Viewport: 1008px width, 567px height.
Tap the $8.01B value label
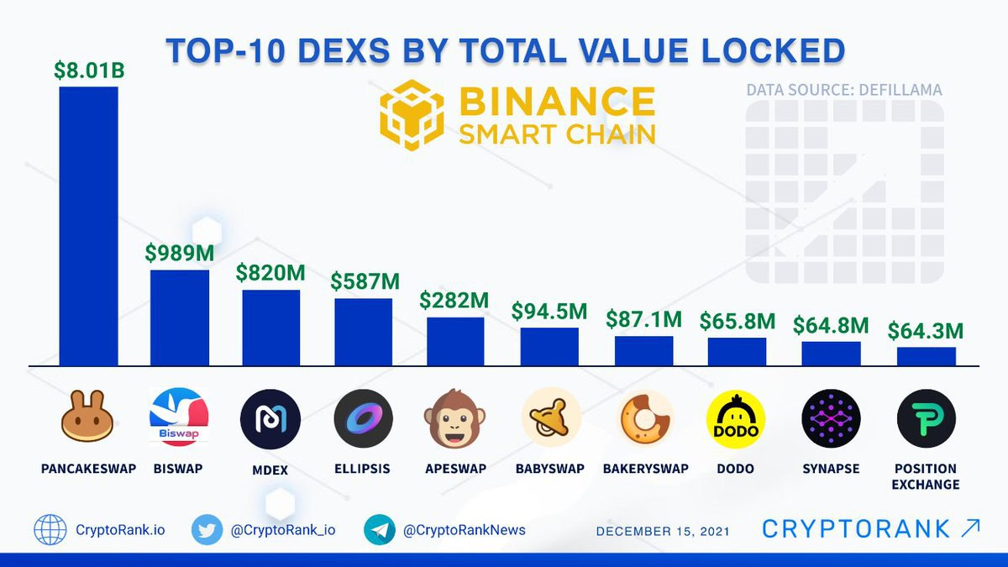(x=88, y=71)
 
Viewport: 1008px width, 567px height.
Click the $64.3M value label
(x=926, y=330)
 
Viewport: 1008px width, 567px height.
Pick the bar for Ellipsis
(x=363, y=332)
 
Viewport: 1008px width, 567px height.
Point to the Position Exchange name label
(x=926, y=476)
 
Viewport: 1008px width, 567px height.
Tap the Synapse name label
(x=831, y=469)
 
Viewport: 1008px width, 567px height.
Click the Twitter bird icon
(x=207, y=530)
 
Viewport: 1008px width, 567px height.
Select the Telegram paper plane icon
(x=380, y=530)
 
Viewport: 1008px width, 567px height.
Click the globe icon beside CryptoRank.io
(x=50, y=530)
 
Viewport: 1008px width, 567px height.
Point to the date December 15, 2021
(x=663, y=531)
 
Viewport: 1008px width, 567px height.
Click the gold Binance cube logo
(x=412, y=116)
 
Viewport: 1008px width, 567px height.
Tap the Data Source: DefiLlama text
(x=844, y=89)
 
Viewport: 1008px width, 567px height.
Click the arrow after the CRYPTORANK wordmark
(x=969, y=528)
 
